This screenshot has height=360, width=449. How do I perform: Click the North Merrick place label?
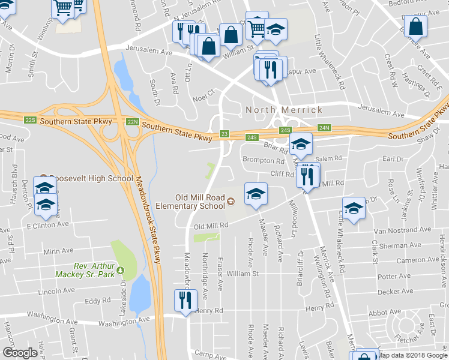[x=284, y=110]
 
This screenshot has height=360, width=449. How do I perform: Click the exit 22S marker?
[x=31, y=120]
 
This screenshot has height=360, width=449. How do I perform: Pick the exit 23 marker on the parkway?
[x=224, y=134]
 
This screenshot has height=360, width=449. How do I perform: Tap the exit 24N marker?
[x=324, y=128]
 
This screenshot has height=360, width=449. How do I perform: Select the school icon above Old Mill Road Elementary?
[x=256, y=194]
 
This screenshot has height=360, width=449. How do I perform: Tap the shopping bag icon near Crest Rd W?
[x=415, y=26]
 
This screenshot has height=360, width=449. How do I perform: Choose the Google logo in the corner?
[x=20, y=353]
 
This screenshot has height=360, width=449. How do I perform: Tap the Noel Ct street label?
[x=203, y=93]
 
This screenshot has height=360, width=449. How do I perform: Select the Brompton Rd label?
[x=263, y=161]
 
